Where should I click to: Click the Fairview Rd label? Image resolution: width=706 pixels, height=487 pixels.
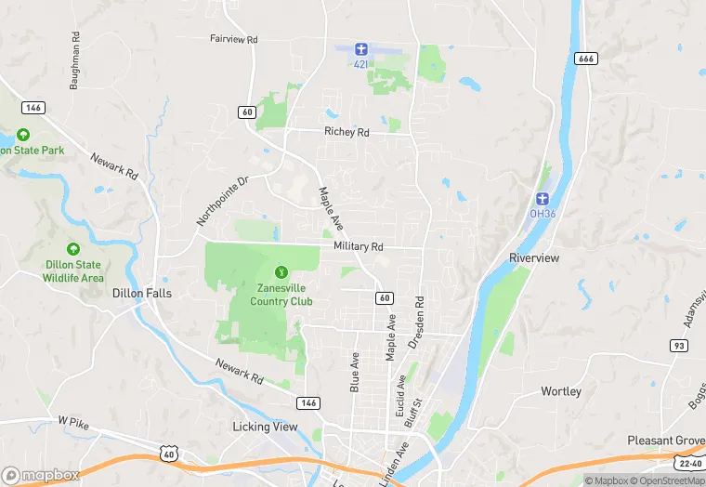click(233, 40)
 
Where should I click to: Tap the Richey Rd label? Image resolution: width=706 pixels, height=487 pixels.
click(346, 132)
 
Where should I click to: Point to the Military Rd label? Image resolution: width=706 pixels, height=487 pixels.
click(358, 246)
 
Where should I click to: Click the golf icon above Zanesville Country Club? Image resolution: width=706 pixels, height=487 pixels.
click(281, 271)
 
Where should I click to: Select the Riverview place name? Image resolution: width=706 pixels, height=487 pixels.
click(534, 257)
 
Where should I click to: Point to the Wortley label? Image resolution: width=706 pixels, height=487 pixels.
click(560, 391)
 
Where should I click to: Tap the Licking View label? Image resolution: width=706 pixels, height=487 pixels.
click(265, 427)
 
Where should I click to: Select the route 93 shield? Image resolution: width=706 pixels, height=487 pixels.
click(679, 346)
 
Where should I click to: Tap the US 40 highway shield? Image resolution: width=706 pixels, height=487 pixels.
click(167, 453)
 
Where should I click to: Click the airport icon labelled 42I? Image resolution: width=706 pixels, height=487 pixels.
click(362, 47)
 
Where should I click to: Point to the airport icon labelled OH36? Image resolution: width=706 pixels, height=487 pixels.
click(542, 198)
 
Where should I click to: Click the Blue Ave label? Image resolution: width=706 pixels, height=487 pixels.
click(354, 372)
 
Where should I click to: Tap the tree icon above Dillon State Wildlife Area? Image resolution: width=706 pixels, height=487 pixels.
click(72, 249)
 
